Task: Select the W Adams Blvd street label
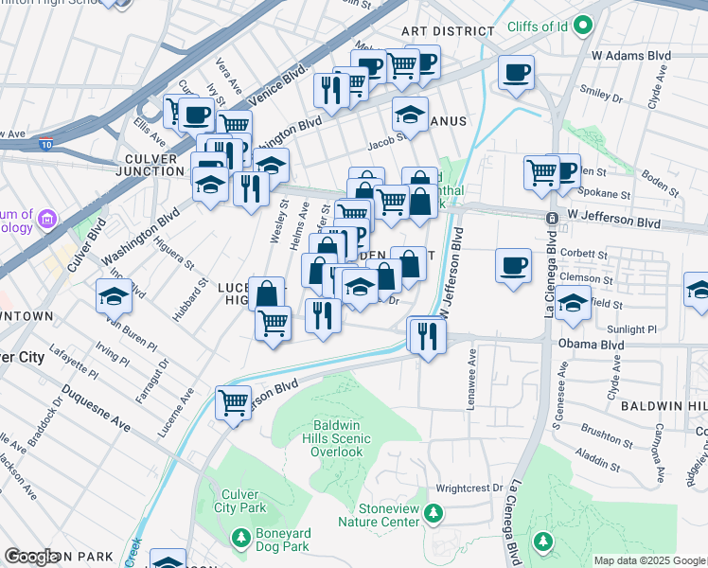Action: (633, 56)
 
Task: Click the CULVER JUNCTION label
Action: (153, 165)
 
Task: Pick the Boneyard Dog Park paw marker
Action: (241, 539)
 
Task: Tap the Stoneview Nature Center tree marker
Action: (433, 514)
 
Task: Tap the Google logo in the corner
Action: (31, 557)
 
